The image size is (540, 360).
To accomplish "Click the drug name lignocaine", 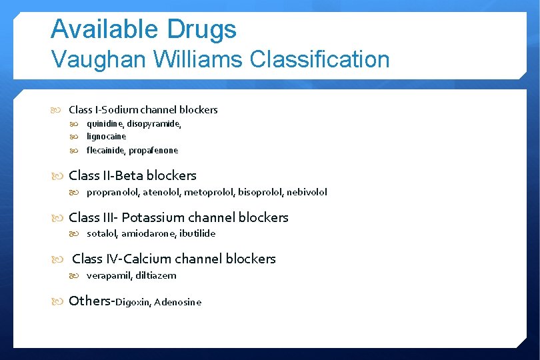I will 106,137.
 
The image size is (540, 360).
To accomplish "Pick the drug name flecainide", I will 107,151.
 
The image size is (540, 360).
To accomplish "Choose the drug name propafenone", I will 155,151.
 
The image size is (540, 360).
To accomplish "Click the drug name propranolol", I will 111,192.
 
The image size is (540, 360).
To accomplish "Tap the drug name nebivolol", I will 307,192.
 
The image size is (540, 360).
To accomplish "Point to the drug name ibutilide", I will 197,233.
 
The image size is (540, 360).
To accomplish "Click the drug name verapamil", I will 107,275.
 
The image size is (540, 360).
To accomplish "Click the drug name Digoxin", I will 133,303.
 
